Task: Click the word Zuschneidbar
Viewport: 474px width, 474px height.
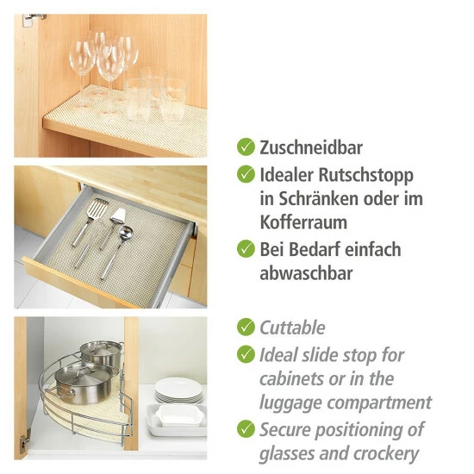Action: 311,147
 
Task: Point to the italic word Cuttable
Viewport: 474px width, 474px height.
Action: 292,327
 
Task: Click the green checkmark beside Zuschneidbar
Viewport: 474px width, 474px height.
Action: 246,147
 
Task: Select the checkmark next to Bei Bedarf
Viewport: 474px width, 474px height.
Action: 246,249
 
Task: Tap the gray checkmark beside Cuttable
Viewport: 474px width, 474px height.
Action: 246,327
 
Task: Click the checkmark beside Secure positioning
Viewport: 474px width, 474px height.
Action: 246,428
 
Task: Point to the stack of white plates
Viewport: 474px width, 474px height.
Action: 178,391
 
